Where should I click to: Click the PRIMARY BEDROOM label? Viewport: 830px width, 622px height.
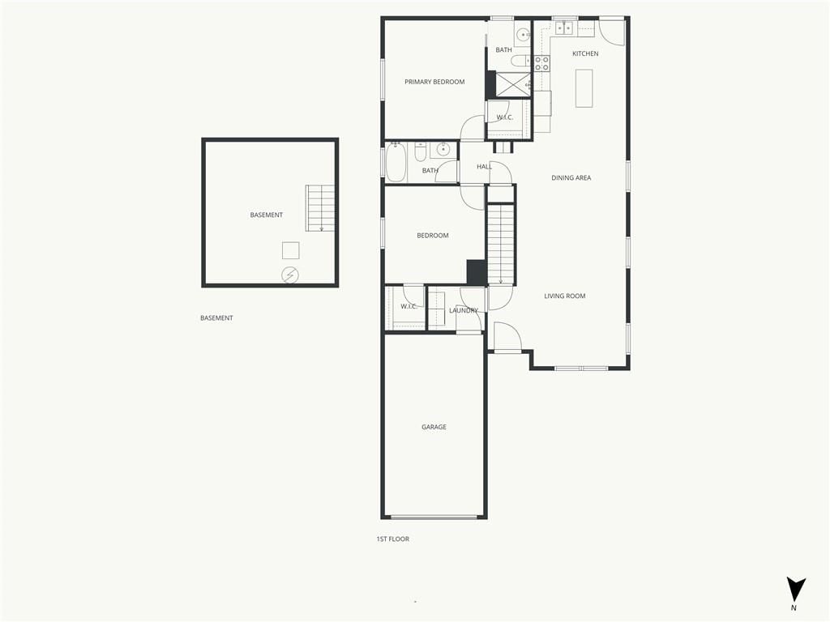pyautogui.click(x=434, y=82)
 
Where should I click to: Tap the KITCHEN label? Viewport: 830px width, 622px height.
pyautogui.click(x=585, y=54)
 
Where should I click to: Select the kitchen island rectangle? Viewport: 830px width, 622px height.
pyautogui.click(x=584, y=88)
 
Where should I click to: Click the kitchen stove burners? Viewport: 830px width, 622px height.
pyautogui.click(x=541, y=64)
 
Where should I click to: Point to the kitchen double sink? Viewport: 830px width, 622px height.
pyautogui.click(x=564, y=28)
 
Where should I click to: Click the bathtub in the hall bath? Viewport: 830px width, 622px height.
pyautogui.click(x=396, y=162)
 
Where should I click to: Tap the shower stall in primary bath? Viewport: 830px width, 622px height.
pyautogui.click(x=513, y=84)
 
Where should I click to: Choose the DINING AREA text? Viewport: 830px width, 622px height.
pyautogui.click(x=571, y=178)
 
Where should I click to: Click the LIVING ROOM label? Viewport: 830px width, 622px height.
pyautogui.click(x=565, y=296)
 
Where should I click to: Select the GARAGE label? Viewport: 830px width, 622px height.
pyautogui.click(x=434, y=428)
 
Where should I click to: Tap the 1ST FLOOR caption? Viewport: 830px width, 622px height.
pyautogui.click(x=393, y=539)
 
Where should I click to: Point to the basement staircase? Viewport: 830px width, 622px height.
pyautogui.click(x=321, y=208)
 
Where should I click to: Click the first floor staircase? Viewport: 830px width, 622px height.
pyautogui.click(x=501, y=244)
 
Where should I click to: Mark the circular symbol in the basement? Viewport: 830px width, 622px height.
pyautogui.click(x=289, y=275)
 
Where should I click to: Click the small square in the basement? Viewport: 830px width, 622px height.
pyautogui.click(x=291, y=250)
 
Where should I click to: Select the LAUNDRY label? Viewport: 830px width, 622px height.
pyautogui.click(x=464, y=311)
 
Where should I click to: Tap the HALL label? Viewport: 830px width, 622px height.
pyautogui.click(x=484, y=167)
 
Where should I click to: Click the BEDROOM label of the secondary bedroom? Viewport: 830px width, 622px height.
pyautogui.click(x=433, y=236)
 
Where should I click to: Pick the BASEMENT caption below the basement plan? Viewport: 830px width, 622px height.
pyautogui.click(x=216, y=318)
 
